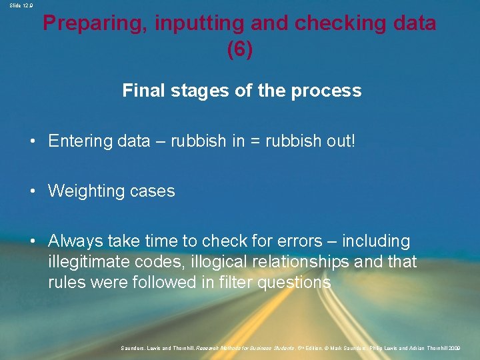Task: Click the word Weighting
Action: pos(85,191)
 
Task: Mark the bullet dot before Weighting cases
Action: pos(32,191)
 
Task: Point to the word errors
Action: pos(307,241)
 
